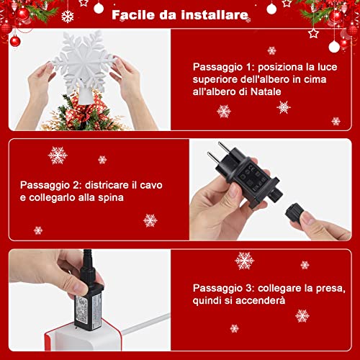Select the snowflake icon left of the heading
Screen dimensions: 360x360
tap(68, 16)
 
